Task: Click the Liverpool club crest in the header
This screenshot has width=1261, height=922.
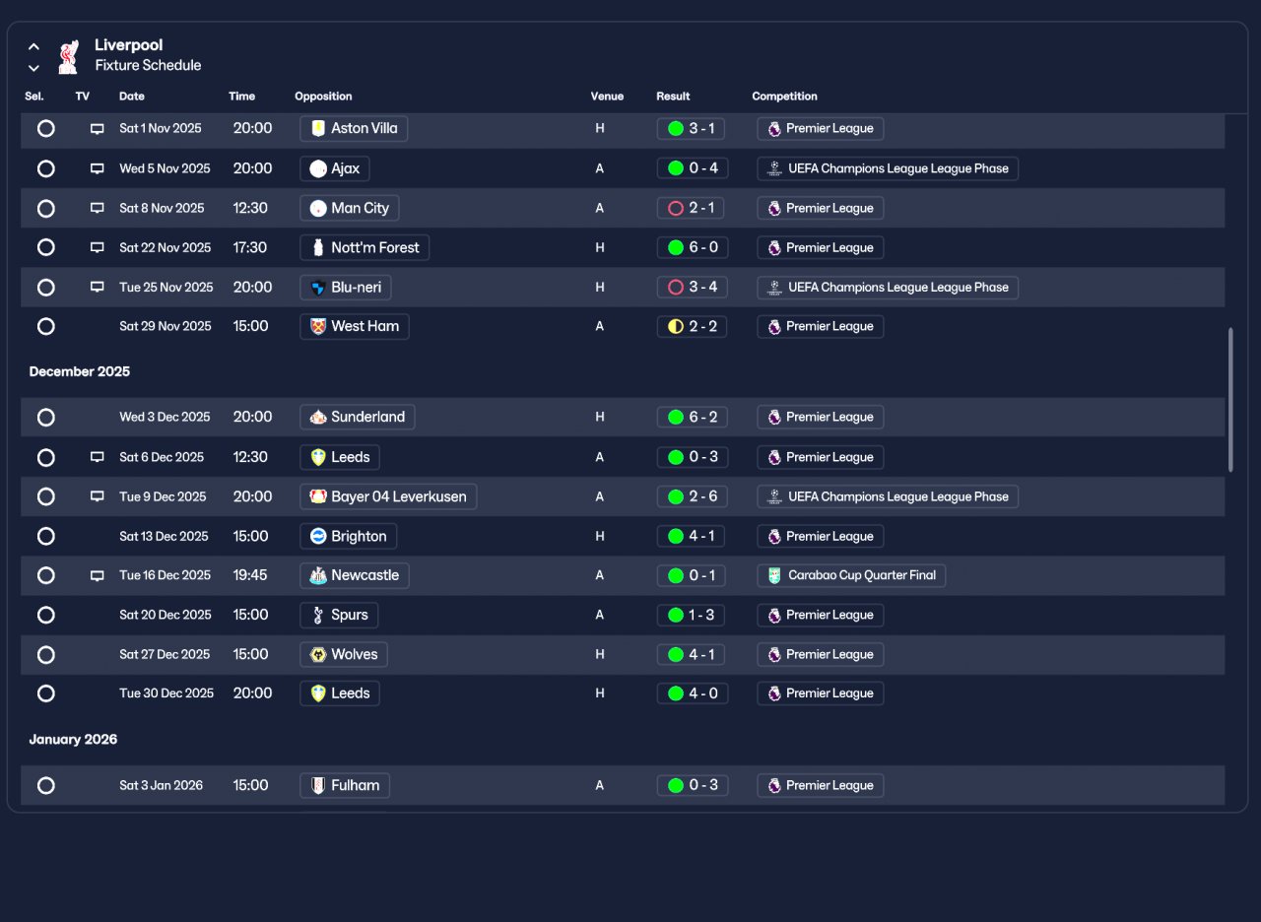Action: tap(69, 56)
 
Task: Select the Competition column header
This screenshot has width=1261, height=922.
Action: tap(784, 97)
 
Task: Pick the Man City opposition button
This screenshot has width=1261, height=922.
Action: tap(350, 208)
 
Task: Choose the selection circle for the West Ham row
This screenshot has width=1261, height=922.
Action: tap(46, 326)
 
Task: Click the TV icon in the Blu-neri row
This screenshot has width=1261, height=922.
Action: tap(98, 287)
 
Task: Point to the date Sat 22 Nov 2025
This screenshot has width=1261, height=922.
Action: tap(165, 247)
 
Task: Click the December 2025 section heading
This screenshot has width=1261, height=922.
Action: tap(80, 371)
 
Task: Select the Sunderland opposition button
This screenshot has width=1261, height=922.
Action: tap(358, 417)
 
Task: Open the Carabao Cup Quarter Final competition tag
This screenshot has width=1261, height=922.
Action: tap(851, 575)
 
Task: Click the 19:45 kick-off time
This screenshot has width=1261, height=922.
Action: tap(250, 575)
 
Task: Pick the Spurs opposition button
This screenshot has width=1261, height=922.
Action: tap(339, 616)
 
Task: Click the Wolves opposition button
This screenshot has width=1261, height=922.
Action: tap(344, 655)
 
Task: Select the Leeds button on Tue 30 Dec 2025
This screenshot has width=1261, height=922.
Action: tap(340, 693)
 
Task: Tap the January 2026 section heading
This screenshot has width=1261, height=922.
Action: tap(73, 740)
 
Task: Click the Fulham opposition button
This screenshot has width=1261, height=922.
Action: tap(345, 785)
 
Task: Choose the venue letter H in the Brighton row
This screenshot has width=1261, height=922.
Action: tap(600, 537)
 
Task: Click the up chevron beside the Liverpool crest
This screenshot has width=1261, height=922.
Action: tap(33, 46)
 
